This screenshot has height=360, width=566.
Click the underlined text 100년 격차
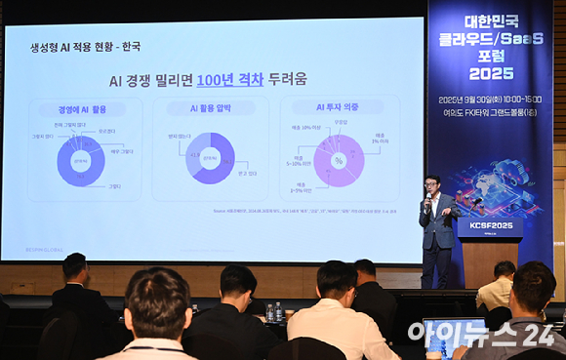(229, 80)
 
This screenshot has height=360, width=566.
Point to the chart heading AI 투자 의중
(339, 107)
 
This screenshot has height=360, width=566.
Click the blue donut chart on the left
(80, 160)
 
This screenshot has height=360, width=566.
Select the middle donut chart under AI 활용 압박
(210, 158)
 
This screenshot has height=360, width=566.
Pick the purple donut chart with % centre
(339, 160)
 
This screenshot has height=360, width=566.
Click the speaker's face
(432, 184)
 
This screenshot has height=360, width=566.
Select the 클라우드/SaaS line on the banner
(491, 39)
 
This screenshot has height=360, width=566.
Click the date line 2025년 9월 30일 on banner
(491, 99)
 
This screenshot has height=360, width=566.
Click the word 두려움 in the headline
(288, 80)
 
